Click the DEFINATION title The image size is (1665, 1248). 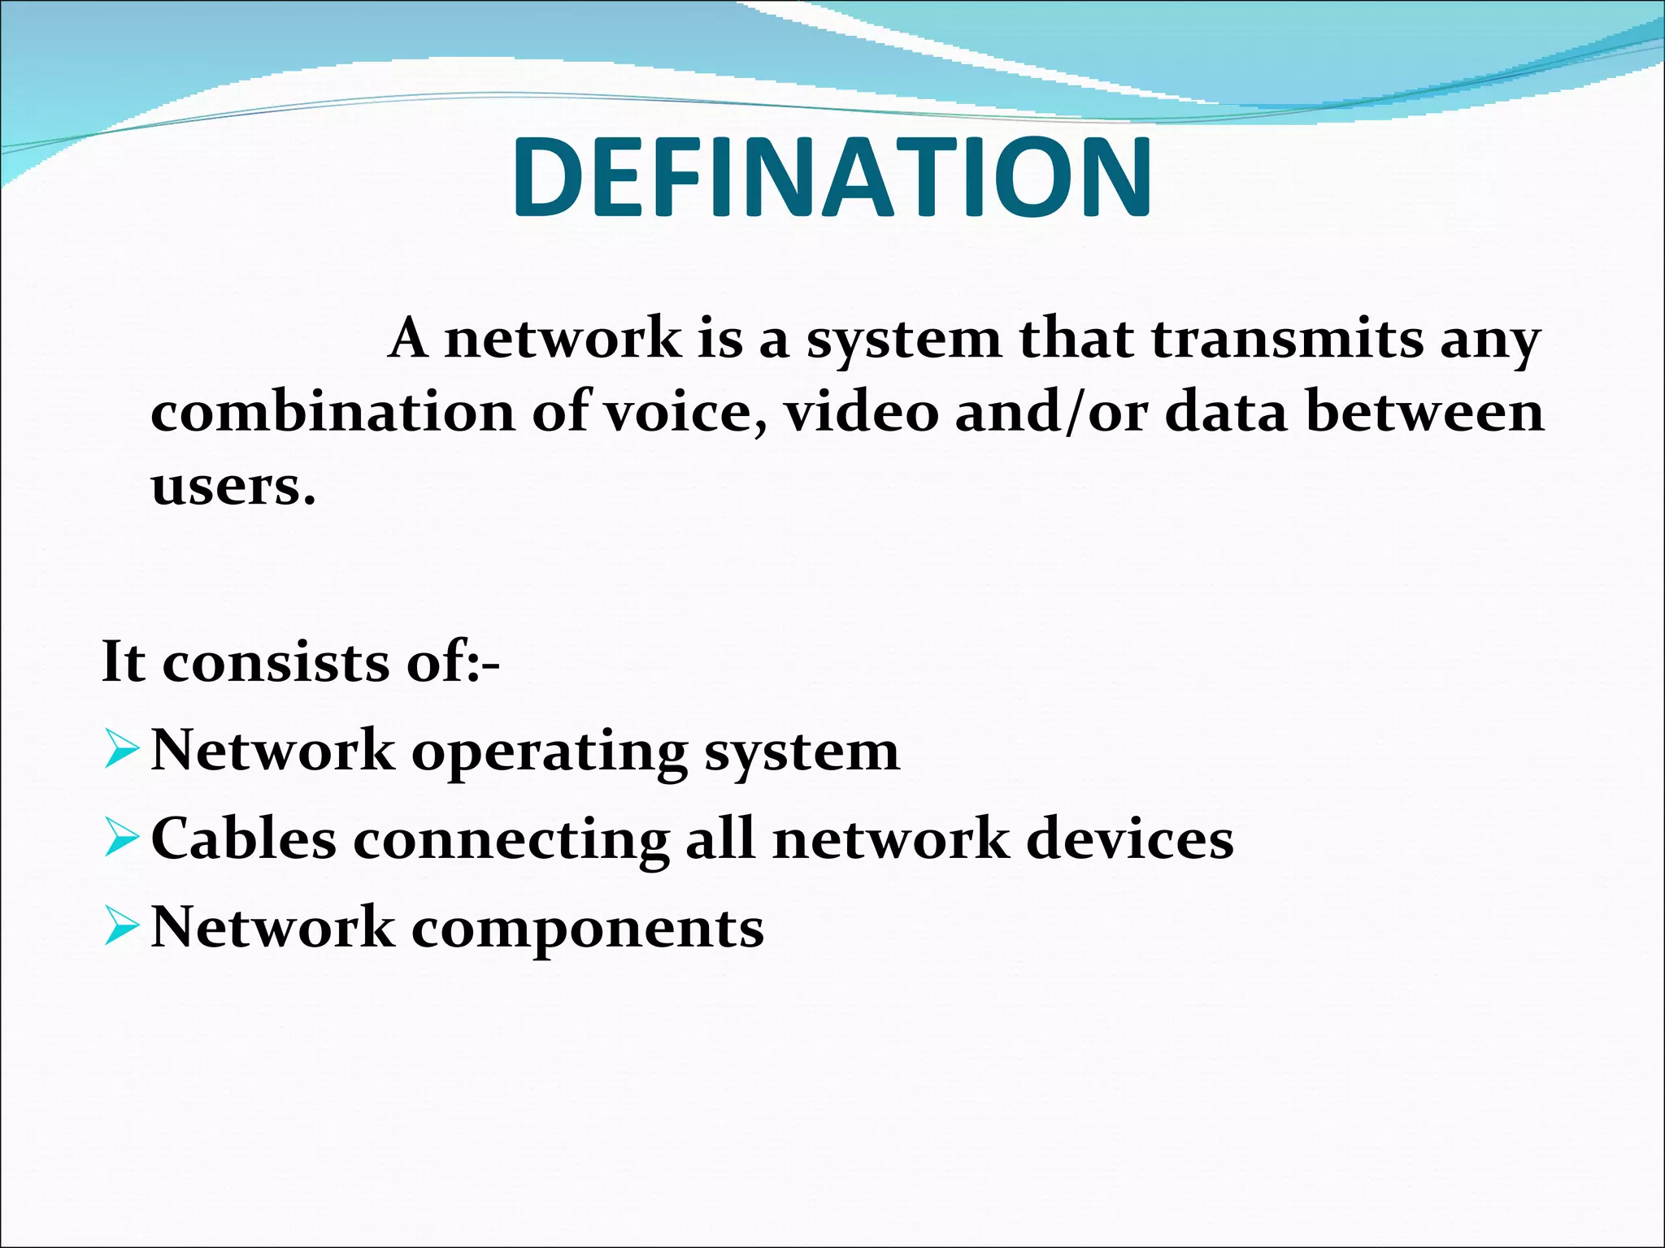(832, 177)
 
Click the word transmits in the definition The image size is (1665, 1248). (1287, 340)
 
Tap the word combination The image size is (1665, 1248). (332, 412)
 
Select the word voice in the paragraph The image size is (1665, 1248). (682, 412)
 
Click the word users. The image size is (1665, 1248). (233, 487)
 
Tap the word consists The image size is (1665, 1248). (276, 662)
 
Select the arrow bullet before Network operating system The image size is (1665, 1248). (123, 751)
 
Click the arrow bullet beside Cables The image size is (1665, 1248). (123, 839)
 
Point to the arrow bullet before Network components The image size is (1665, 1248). (123, 928)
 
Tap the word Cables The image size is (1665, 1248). (243, 839)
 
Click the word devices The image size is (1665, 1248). (1130, 839)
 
